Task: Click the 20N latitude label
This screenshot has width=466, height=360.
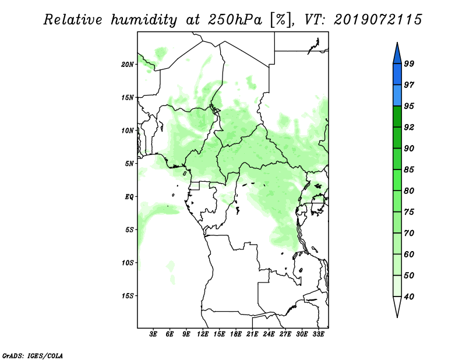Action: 127,64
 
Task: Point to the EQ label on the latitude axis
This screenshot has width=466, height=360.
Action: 129,196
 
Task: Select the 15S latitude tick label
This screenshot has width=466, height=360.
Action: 127,296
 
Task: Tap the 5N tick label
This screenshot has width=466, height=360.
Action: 129,164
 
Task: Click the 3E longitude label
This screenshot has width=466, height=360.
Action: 153,334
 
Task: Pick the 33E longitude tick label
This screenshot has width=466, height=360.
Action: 318,334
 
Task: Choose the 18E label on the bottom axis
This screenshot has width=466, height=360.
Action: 236,334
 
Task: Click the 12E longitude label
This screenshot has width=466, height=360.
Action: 203,334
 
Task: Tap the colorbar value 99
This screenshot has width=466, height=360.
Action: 409,63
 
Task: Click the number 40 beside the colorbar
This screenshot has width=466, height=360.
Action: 409,297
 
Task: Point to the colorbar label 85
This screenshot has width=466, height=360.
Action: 409,170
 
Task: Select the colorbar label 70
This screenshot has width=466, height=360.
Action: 409,233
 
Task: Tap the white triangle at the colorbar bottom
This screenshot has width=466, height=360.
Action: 397,306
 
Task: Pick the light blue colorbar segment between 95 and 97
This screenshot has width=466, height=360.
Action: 397,96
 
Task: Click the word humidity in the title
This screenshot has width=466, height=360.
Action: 144,20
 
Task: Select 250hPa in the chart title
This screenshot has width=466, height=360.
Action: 235,20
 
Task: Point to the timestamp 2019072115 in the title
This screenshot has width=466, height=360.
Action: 377,19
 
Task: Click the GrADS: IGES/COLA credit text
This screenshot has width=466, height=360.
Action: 33,355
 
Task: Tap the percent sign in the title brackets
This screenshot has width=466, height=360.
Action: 281,20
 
